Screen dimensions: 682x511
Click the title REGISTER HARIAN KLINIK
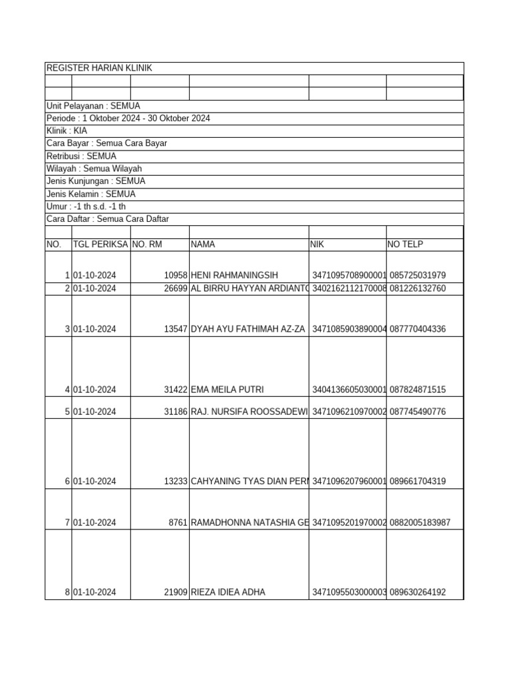[x=99, y=69]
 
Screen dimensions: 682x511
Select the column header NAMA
[x=203, y=244]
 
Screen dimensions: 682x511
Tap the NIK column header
[x=317, y=244]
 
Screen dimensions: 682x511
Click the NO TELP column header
[x=405, y=244]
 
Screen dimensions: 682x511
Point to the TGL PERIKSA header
[x=100, y=244]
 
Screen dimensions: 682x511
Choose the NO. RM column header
[x=147, y=244]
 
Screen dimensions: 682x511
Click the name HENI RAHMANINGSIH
[x=234, y=276]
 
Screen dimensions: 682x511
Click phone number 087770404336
[x=418, y=329]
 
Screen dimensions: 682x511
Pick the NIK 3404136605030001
[x=349, y=390]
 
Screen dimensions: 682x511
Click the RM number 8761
[x=178, y=523]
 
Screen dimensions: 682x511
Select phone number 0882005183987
[x=421, y=523]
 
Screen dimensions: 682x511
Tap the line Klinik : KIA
[x=67, y=131]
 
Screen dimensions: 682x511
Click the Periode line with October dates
[x=128, y=119]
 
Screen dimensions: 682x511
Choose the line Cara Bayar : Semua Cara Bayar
[x=106, y=144]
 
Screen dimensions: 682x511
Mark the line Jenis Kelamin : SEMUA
[x=91, y=194]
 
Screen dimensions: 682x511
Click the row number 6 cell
[x=67, y=482]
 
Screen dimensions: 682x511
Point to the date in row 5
[x=94, y=412]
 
